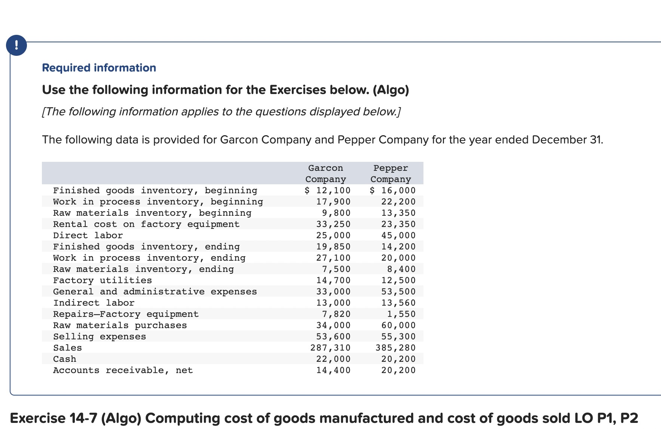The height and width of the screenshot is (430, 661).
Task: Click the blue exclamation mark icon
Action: (x=16, y=45)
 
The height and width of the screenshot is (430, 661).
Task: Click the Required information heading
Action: (x=99, y=68)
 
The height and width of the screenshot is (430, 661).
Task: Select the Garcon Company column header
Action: (x=325, y=173)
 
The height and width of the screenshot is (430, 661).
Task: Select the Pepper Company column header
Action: (x=391, y=173)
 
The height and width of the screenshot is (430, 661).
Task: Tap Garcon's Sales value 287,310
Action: (x=330, y=348)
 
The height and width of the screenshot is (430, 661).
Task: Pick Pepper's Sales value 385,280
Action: (x=395, y=348)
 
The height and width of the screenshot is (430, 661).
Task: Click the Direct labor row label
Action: (x=88, y=235)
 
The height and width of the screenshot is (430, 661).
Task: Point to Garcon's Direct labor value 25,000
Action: (x=333, y=235)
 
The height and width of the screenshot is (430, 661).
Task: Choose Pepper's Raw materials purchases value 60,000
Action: (x=398, y=325)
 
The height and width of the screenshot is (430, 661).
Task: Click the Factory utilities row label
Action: (x=102, y=280)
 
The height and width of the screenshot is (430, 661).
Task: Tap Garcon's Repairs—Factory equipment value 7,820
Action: (x=336, y=314)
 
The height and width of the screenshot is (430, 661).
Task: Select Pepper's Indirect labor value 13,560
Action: (x=398, y=303)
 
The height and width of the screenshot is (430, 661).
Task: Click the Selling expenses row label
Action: (x=100, y=336)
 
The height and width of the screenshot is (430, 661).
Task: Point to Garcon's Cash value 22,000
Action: (x=333, y=359)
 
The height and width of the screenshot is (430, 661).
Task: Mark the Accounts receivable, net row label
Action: (x=123, y=370)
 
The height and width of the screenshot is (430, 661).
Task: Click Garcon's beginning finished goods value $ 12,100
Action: (x=328, y=190)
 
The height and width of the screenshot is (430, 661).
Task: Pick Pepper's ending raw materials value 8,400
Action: (x=401, y=269)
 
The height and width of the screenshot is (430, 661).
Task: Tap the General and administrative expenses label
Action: (x=155, y=291)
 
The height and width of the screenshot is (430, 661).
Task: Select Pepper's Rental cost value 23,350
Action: (x=398, y=224)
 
